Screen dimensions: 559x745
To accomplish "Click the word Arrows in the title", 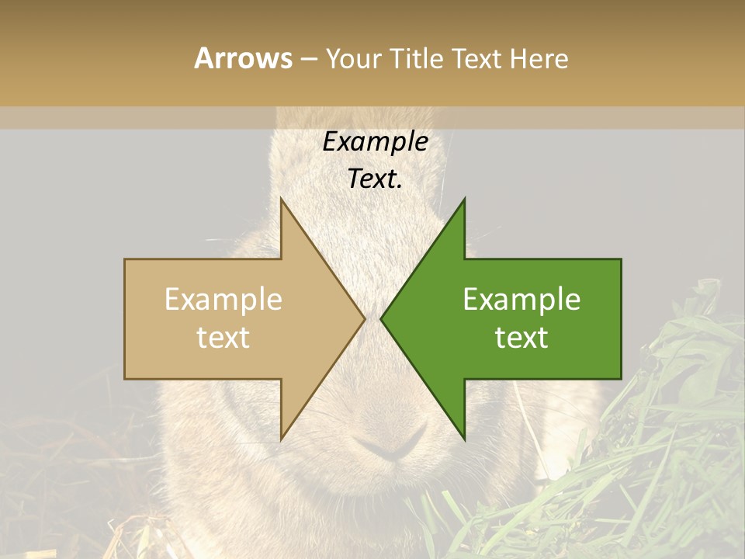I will pos(243,58).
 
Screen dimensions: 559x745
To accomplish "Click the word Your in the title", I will pos(353,59).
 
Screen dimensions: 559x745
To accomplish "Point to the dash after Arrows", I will pos(308,60).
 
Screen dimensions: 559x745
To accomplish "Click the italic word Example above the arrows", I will pos(376,141).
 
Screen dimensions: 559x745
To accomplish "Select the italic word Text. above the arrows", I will pos(376,179).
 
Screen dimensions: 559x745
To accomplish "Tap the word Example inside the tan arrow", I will pos(223,300).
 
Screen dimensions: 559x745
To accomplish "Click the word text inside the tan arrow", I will pos(223,337).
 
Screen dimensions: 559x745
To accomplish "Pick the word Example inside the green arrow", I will pos(521,300).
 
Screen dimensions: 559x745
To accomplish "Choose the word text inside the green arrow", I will pos(521,337).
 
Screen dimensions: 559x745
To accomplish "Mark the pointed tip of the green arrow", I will pos(382,318).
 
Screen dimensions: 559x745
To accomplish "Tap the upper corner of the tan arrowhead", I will pos(281,200).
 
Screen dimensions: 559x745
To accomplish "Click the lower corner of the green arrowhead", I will pos(464,438).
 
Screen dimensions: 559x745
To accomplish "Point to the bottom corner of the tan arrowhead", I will pos(281,438).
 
